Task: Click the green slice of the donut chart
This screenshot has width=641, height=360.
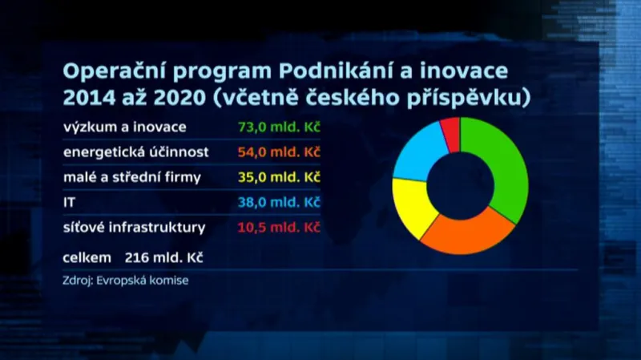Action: (x=500, y=168)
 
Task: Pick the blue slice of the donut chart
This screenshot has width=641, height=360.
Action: (x=417, y=148)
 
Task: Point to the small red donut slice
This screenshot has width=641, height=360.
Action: (x=451, y=133)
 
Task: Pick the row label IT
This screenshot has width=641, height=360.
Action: (x=68, y=203)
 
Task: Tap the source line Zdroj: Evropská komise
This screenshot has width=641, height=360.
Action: (x=124, y=281)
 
